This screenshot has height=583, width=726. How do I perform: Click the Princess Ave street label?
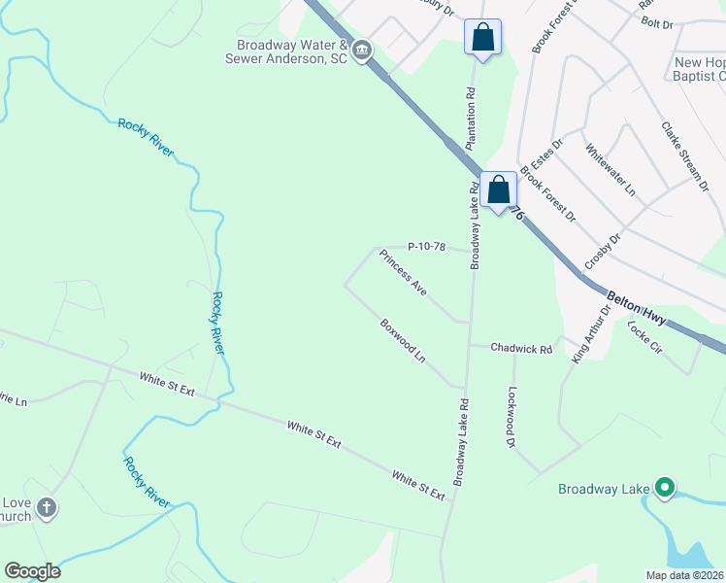point(403,273)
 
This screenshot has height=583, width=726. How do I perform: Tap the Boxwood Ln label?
point(403,341)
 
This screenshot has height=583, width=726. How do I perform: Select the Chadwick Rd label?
point(521,348)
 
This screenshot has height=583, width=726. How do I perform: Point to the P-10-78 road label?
point(426,247)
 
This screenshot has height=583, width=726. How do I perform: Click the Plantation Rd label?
point(473,119)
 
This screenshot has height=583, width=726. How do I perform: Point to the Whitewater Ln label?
point(610,167)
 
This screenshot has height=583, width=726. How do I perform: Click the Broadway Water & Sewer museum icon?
point(362,51)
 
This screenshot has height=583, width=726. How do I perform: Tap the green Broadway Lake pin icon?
point(665,488)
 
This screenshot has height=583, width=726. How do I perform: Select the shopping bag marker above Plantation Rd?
point(482,39)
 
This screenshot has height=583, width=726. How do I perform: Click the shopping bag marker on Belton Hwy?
point(499,191)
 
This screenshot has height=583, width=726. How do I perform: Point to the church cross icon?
point(47,508)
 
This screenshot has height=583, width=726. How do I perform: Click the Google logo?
point(32,571)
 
